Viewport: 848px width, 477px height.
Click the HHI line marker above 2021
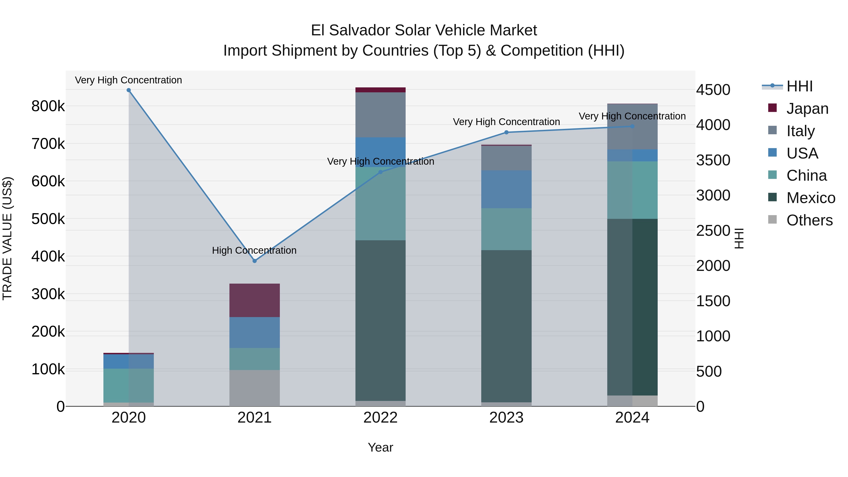[x=254, y=261]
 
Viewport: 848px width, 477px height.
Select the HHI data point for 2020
[x=129, y=90]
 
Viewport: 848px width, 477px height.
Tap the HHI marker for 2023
[x=506, y=132]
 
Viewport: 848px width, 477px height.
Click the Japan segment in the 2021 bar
[x=254, y=300]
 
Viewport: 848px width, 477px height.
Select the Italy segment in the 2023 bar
[x=506, y=158]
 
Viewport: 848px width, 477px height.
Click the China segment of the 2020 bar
[x=129, y=385]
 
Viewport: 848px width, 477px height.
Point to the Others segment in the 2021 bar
[x=254, y=388]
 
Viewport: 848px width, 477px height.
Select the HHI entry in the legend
[x=799, y=86]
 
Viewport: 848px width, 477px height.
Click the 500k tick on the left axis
[x=48, y=219]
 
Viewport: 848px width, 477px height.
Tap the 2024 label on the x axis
[x=632, y=418]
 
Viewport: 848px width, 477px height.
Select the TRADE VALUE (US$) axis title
[x=7, y=238]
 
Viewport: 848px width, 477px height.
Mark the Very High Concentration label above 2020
[x=128, y=80]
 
